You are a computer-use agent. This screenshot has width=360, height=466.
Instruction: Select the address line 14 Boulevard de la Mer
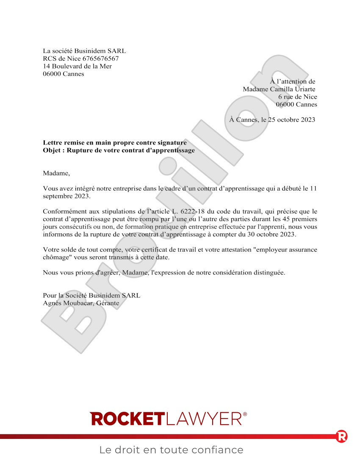pyautogui.click(x=77, y=67)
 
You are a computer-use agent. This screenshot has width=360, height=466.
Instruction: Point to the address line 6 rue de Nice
pyautogui.click(x=297, y=97)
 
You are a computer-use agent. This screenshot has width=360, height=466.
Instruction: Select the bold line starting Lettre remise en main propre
pyautogui.click(x=114, y=143)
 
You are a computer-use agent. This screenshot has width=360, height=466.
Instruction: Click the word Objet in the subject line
pyautogui.click(x=52, y=150)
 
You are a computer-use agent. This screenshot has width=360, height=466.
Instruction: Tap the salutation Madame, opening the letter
pyautogui.click(x=56, y=173)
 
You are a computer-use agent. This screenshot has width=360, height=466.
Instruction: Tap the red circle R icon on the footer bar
pyautogui.click(x=341, y=436)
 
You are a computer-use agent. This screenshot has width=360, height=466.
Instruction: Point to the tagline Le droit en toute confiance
pyautogui.click(x=172, y=450)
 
